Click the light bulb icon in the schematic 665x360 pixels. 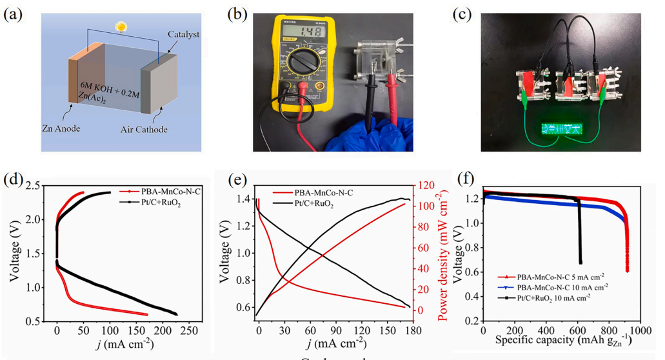coord(119,27)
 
